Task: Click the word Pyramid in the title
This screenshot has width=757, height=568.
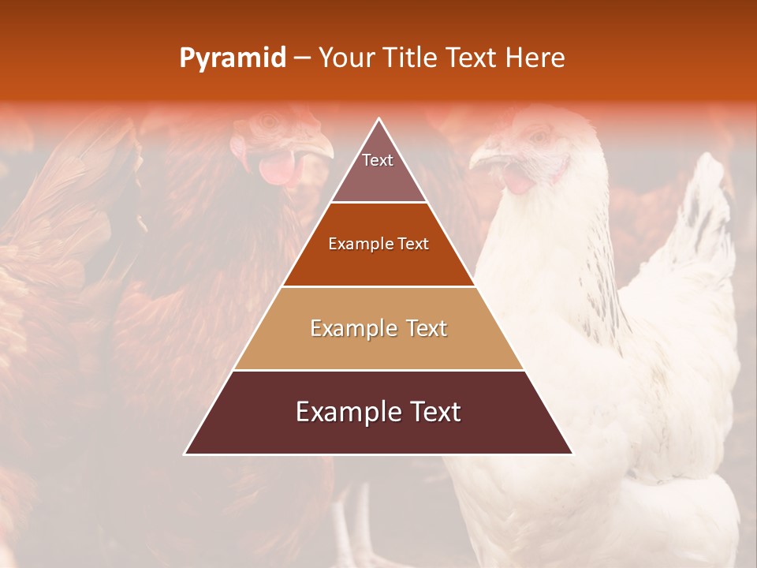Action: (x=232, y=58)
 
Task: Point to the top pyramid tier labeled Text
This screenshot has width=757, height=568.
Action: (x=378, y=170)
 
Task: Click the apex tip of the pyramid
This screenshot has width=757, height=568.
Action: (x=379, y=120)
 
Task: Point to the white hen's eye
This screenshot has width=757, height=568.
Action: (x=539, y=136)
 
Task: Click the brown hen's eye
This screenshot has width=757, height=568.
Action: (x=270, y=121)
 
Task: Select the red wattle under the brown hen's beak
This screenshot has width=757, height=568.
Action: (x=276, y=168)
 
